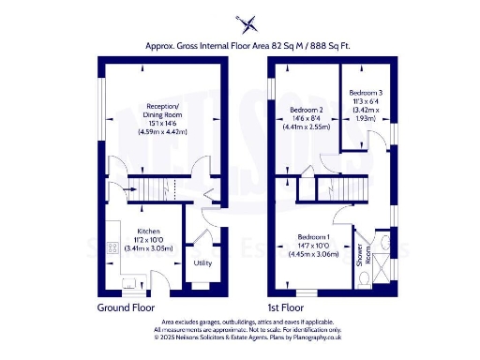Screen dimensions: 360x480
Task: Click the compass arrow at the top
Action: click(x=247, y=22)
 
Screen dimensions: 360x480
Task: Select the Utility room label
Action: click(x=202, y=262)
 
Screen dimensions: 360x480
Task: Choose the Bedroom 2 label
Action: click(x=308, y=111)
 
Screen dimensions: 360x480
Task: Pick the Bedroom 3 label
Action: click(x=367, y=93)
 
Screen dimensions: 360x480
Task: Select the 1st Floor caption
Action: click(x=286, y=307)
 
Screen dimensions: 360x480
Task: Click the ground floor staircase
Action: click(x=152, y=188)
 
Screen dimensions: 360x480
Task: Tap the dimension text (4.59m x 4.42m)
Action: click(x=162, y=133)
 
